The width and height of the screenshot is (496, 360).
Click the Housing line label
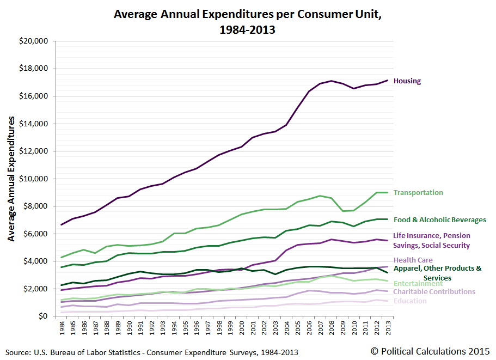click(407, 81)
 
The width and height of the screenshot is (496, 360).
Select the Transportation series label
click(418, 193)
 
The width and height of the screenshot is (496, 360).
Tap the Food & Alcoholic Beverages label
click(439, 220)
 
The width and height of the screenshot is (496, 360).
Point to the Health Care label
click(413, 260)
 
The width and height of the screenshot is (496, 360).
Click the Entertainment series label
click(418, 284)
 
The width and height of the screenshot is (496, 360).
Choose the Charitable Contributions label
click(434, 292)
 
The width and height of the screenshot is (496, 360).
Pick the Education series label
click(410, 301)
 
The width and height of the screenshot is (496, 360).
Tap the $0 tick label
click(42, 316)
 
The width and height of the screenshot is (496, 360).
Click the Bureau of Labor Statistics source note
click(152, 352)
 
